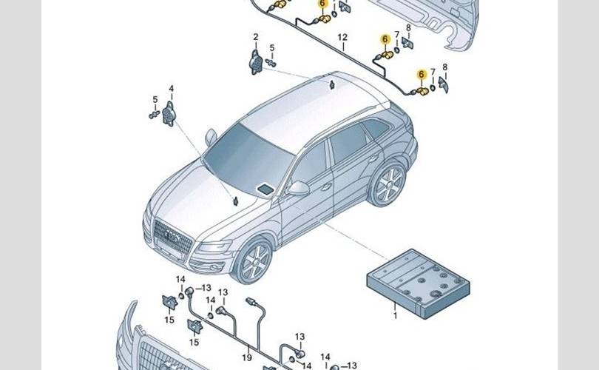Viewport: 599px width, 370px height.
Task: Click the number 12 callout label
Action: (342, 38)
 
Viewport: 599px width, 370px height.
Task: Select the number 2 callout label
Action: (256, 37)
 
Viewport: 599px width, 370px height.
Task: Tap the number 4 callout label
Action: (171, 89)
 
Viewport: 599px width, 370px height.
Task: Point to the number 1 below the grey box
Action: (396, 316)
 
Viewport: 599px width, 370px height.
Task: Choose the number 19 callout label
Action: (247, 357)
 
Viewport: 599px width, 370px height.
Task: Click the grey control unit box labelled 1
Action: (419, 283)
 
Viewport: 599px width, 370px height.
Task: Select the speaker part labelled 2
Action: (255, 62)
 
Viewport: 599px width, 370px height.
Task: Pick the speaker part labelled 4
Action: (169, 114)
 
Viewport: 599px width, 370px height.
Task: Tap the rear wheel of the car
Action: (388, 184)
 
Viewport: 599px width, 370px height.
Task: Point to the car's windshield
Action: (248, 158)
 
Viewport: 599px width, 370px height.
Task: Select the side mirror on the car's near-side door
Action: (298, 188)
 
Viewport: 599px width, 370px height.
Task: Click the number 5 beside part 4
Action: (155, 100)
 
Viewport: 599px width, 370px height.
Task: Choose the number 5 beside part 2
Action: (272, 48)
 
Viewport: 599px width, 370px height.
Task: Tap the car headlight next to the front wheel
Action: (214, 246)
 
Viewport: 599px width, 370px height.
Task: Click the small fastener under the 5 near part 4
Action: (154, 114)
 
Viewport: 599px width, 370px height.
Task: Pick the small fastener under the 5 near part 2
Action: (271, 62)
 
